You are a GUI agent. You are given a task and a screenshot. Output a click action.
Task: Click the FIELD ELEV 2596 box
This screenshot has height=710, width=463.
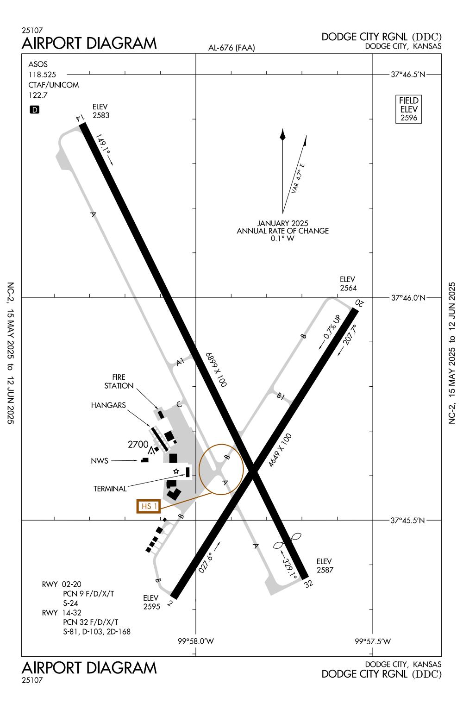click(x=409, y=109)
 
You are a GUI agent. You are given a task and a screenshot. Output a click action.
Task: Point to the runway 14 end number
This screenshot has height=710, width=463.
click(x=81, y=118)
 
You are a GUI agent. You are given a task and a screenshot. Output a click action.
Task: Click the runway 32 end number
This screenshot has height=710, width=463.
click(x=308, y=584)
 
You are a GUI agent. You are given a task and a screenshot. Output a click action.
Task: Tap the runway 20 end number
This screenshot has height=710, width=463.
click(x=359, y=303)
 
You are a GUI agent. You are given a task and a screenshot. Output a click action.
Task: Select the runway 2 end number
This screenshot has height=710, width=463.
click(x=170, y=603)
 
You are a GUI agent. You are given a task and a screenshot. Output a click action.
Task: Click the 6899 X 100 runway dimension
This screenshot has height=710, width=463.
click(x=216, y=369)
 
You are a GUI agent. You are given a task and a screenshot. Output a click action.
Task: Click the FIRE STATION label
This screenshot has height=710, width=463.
click(x=119, y=382)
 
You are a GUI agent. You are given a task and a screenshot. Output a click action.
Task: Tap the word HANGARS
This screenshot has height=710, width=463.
click(x=108, y=405)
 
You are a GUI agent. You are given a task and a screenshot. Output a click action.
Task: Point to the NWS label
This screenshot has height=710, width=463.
click(x=100, y=461)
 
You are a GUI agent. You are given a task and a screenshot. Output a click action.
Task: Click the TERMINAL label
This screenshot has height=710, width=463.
click(x=110, y=489)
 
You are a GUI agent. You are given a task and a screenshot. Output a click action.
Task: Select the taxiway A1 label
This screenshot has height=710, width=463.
click(x=181, y=362)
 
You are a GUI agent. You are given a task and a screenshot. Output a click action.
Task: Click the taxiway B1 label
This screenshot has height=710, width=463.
click(x=281, y=396)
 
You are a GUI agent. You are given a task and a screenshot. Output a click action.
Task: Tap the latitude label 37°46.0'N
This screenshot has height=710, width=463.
click(x=407, y=298)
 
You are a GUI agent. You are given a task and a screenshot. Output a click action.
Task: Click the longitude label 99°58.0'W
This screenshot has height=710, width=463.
click(x=195, y=641)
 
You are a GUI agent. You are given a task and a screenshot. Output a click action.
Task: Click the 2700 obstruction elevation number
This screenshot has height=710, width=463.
click(x=138, y=445)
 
